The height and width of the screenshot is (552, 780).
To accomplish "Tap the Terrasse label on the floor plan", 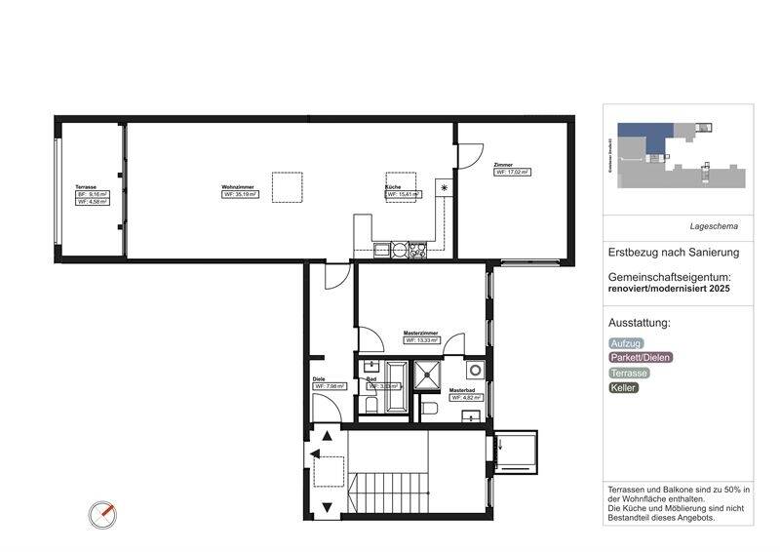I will click(x=87, y=186).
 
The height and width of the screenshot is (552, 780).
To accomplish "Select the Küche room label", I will click(x=392, y=186).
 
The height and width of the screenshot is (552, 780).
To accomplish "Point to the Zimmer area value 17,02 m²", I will click(x=513, y=173).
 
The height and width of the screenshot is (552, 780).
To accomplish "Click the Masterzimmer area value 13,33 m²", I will click(x=422, y=341).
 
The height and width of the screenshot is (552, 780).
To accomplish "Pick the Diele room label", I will click(x=319, y=378).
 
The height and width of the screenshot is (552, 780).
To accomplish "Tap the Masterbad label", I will click(x=461, y=390).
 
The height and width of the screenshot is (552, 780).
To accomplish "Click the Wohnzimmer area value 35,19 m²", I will click(x=240, y=194).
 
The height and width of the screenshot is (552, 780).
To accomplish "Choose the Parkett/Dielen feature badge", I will click(x=641, y=358).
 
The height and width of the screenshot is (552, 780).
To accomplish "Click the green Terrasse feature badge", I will click(x=629, y=373).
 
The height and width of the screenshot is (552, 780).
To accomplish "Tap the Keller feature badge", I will click(x=623, y=387).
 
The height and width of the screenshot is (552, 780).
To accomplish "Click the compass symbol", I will click(x=102, y=513).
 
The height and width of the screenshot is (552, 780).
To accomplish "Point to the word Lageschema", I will click(x=715, y=226).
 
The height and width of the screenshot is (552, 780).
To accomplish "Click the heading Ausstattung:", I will click(x=640, y=323).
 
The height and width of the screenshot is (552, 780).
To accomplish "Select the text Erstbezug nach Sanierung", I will click(x=674, y=252).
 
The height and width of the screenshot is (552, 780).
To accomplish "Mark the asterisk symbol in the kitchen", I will click(x=445, y=186).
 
